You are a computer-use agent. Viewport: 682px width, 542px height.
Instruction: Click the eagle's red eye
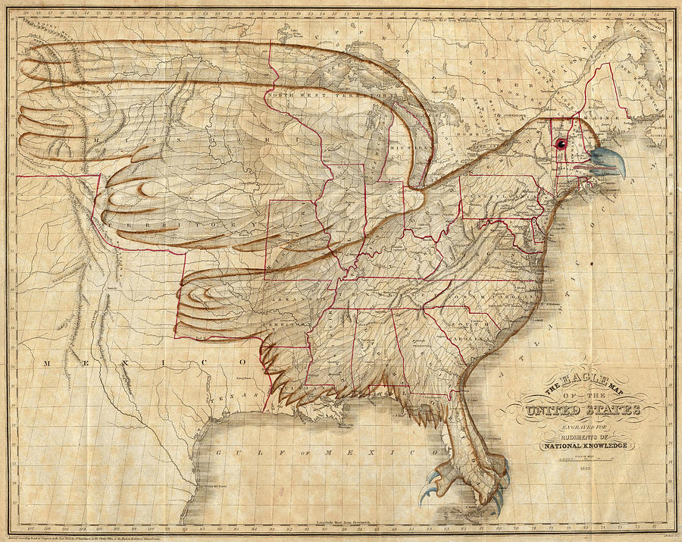point(561,144)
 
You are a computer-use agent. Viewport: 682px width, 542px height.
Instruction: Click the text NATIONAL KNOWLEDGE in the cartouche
point(583,446)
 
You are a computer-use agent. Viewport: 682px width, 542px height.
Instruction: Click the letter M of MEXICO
point(47,364)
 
